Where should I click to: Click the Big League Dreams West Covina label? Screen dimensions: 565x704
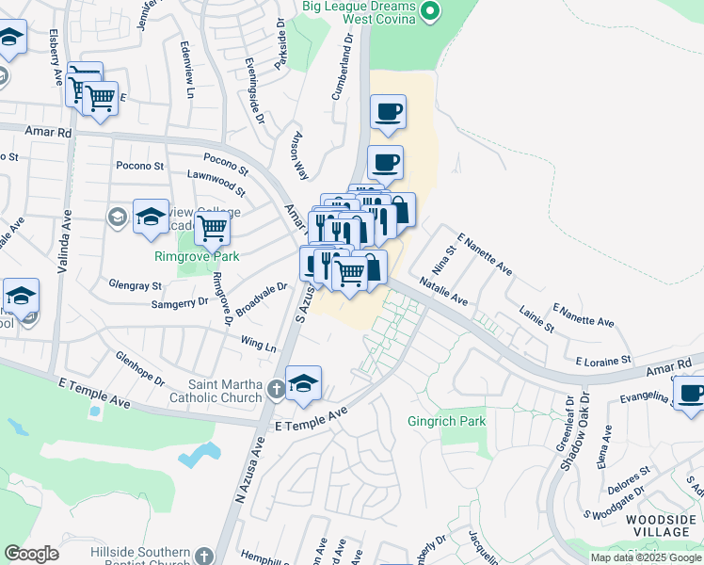coord(360,13)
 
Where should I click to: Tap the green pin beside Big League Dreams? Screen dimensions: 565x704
coord(430,12)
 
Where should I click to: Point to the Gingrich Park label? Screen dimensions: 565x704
coord(446,421)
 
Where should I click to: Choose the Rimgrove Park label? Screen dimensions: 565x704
coord(198,256)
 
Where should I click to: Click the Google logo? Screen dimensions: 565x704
coord(32,553)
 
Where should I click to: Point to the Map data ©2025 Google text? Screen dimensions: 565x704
coord(647,557)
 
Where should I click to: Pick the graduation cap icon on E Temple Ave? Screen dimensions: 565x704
coord(304,383)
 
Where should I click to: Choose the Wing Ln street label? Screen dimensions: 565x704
coord(258,345)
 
